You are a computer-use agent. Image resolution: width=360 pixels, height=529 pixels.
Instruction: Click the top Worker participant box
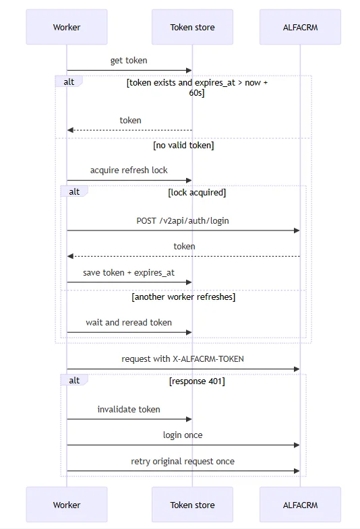pos(67,27)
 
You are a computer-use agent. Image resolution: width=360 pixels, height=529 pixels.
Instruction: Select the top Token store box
pos(192,27)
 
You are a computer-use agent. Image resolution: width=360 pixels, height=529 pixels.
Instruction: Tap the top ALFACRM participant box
pos(300,27)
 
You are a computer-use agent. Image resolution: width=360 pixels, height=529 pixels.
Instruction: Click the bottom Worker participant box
pos(67,505)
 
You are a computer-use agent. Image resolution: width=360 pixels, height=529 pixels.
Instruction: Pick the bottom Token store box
pos(192,505)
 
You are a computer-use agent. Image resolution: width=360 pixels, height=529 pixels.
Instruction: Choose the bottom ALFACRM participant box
pos(300,505)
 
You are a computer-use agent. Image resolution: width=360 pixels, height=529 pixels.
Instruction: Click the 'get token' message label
pos(129,61)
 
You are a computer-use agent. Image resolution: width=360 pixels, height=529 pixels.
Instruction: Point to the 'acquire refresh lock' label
pos(129,170)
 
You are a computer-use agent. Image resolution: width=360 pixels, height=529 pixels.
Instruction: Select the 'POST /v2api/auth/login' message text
pos(183,220)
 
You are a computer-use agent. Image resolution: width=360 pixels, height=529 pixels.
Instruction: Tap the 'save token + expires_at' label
pos(129,273)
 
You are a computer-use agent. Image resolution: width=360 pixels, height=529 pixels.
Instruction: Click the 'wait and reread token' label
pos(129,323)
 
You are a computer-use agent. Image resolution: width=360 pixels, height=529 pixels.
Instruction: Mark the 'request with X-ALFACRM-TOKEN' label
pos(183,359)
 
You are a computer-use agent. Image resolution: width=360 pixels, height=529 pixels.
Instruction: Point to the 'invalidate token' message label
pos(129,409)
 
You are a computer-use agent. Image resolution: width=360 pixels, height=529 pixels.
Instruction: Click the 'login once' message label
pos(183,435)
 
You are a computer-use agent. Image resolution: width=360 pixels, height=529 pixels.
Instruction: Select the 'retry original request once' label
pos(183,461)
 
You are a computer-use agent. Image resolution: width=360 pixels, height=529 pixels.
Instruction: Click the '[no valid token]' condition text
pos(183,146)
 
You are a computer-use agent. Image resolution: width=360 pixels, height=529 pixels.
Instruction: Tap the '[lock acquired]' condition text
pos(197,193)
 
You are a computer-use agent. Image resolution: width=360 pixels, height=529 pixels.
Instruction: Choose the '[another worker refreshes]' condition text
pos(183,297)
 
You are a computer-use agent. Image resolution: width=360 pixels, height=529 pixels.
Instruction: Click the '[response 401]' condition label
pos(197,381)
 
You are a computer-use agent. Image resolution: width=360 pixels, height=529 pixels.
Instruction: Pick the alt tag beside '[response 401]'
pos(74,380)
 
